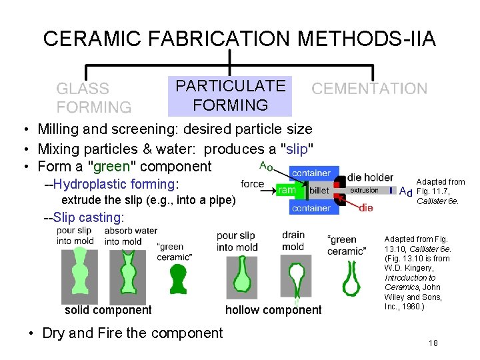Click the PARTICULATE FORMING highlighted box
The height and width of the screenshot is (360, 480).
(230, 95)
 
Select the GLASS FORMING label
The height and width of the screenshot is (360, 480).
(93, 97)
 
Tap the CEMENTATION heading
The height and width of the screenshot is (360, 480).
(369, 89)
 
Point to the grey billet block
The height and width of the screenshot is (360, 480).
(319, 190)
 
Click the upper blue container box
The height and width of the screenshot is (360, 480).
(311, 173)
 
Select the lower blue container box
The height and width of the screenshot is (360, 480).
(311, 208)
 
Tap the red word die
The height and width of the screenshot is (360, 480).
(366, 208)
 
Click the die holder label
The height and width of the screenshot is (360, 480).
(370, 177)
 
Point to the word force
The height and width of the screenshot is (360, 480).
(253, 183)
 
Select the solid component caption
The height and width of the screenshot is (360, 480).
(108, 310)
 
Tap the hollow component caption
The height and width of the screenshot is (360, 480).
(273, 310)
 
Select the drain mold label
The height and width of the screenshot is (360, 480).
(293, 241)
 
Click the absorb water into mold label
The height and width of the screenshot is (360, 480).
(121, 236)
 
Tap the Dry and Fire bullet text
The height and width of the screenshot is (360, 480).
(132, 333)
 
